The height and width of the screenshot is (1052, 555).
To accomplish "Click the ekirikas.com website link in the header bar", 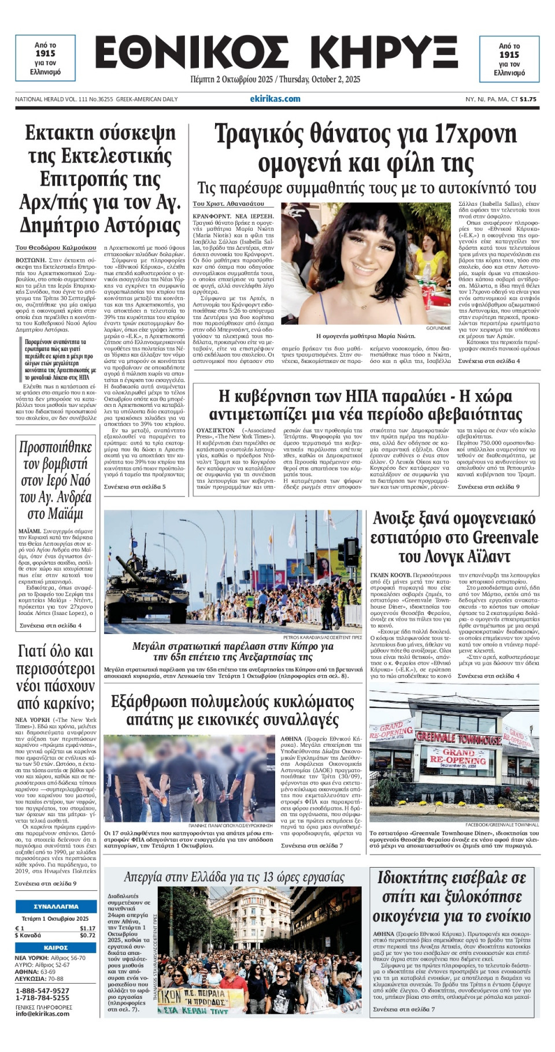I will [x=275, y=99].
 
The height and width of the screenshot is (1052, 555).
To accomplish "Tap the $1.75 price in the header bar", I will [x=528, y=99].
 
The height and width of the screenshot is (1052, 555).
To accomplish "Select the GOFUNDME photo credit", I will [x=438, y=328].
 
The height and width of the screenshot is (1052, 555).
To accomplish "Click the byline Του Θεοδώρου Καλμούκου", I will [x=56, y=247].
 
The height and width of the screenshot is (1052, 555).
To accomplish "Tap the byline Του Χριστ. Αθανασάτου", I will [x=228, y=203].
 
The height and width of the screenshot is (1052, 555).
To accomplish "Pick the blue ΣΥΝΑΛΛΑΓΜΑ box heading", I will [x=55, y=906].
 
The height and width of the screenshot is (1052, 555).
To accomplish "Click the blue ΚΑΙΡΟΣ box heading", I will [x=55, y=947].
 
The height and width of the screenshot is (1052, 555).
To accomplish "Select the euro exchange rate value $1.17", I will [x=87, y=928].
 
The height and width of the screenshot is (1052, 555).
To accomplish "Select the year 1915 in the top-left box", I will [x=45, y=53].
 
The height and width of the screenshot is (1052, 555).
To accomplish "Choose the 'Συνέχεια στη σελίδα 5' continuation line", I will [x=135, y=487].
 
